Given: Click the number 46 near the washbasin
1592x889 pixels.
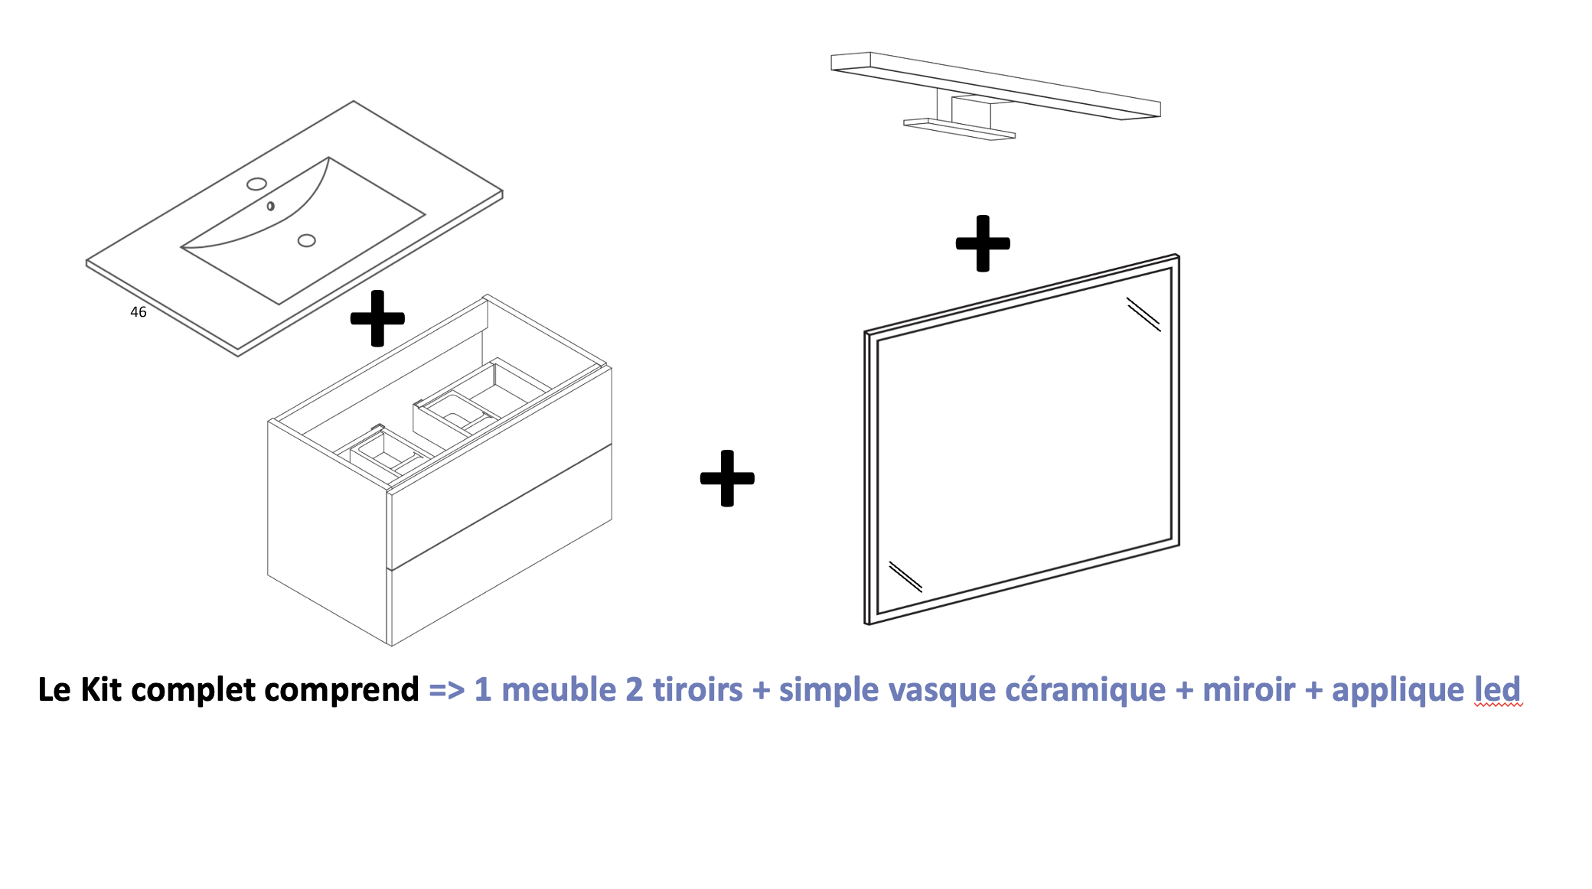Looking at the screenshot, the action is click(x=138, y=312).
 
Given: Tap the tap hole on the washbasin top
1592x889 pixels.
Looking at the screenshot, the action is click(x=257, y=184).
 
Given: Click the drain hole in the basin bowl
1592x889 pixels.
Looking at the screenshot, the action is click(x=306, y=240).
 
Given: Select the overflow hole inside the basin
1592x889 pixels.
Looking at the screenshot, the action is click(x=270, y=207).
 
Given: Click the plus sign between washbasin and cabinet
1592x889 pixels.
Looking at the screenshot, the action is click(x=377, y=318).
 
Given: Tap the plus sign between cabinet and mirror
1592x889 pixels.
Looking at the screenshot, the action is click(x=727, y=478).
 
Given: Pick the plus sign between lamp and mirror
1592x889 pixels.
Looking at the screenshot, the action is click(x=983, y=243).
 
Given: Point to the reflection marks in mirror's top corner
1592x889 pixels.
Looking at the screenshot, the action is click(x=1143, y=314).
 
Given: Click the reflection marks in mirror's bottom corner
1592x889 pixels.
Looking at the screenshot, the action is click(x=905, y=577).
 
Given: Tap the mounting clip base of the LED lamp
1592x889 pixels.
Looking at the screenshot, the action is click(x=959, y=129).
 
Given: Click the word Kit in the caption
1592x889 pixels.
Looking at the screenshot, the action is click(x=101, y=689).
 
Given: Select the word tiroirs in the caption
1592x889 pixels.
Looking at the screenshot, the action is click(x=697, y=689).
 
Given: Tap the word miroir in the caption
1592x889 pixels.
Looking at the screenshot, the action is click(x=1248, y=689).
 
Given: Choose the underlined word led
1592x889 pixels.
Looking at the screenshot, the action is click(x=1498, y=689).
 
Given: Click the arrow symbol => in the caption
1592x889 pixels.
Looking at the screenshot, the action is click(x=446, y=690).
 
